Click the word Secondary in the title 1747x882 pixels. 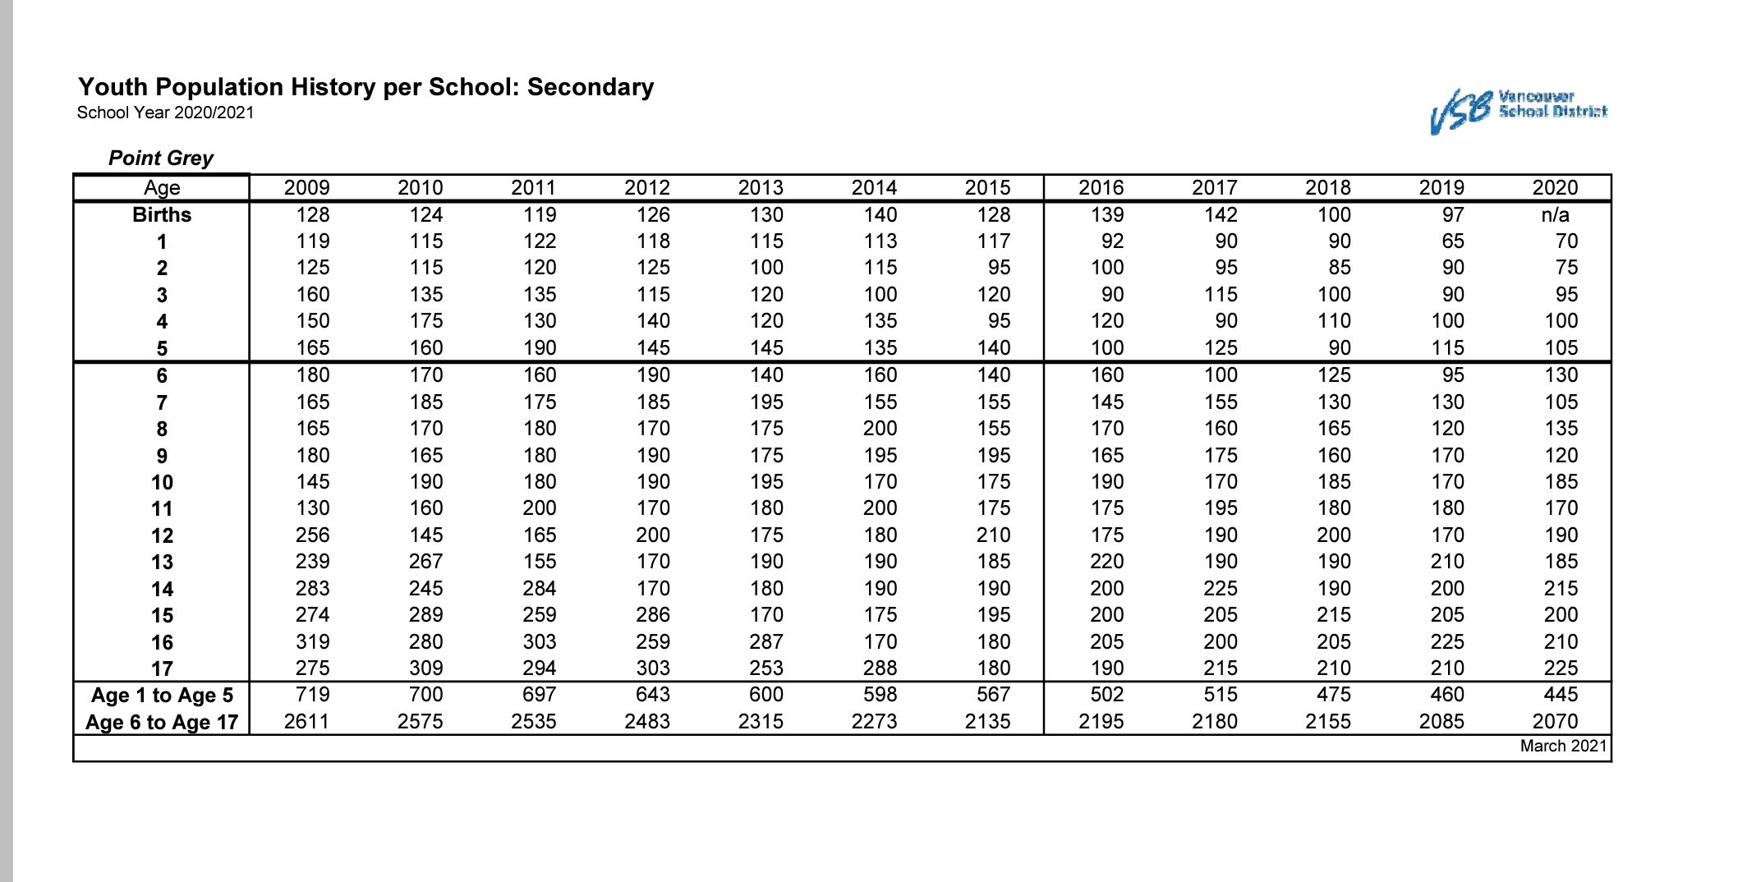pos(590,87)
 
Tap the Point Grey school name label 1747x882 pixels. pos(161,158)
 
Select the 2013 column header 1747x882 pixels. pos(761,188)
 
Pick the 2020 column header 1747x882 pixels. pos(1555,188)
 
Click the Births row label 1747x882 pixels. pos(162,215)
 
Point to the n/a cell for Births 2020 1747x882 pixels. pos(1555,215)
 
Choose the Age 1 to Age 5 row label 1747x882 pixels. pos(162,696)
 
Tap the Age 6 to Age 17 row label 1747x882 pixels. pos(162,723)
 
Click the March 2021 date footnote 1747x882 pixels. pos(1563,746)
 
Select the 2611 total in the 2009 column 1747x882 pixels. pos(306,722)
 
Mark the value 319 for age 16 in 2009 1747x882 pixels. pos(312,641)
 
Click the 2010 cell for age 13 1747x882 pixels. pos(425,562)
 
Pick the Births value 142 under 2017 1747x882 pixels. pos(1221,215)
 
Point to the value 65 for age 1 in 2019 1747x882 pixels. pos(1452,241)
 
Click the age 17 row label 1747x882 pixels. pos(162,669)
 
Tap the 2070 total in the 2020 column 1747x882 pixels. pos(1555,722)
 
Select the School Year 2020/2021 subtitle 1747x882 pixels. pos(165,113)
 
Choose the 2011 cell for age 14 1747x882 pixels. pos(539,589)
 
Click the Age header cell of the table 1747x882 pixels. pos(162,188)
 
